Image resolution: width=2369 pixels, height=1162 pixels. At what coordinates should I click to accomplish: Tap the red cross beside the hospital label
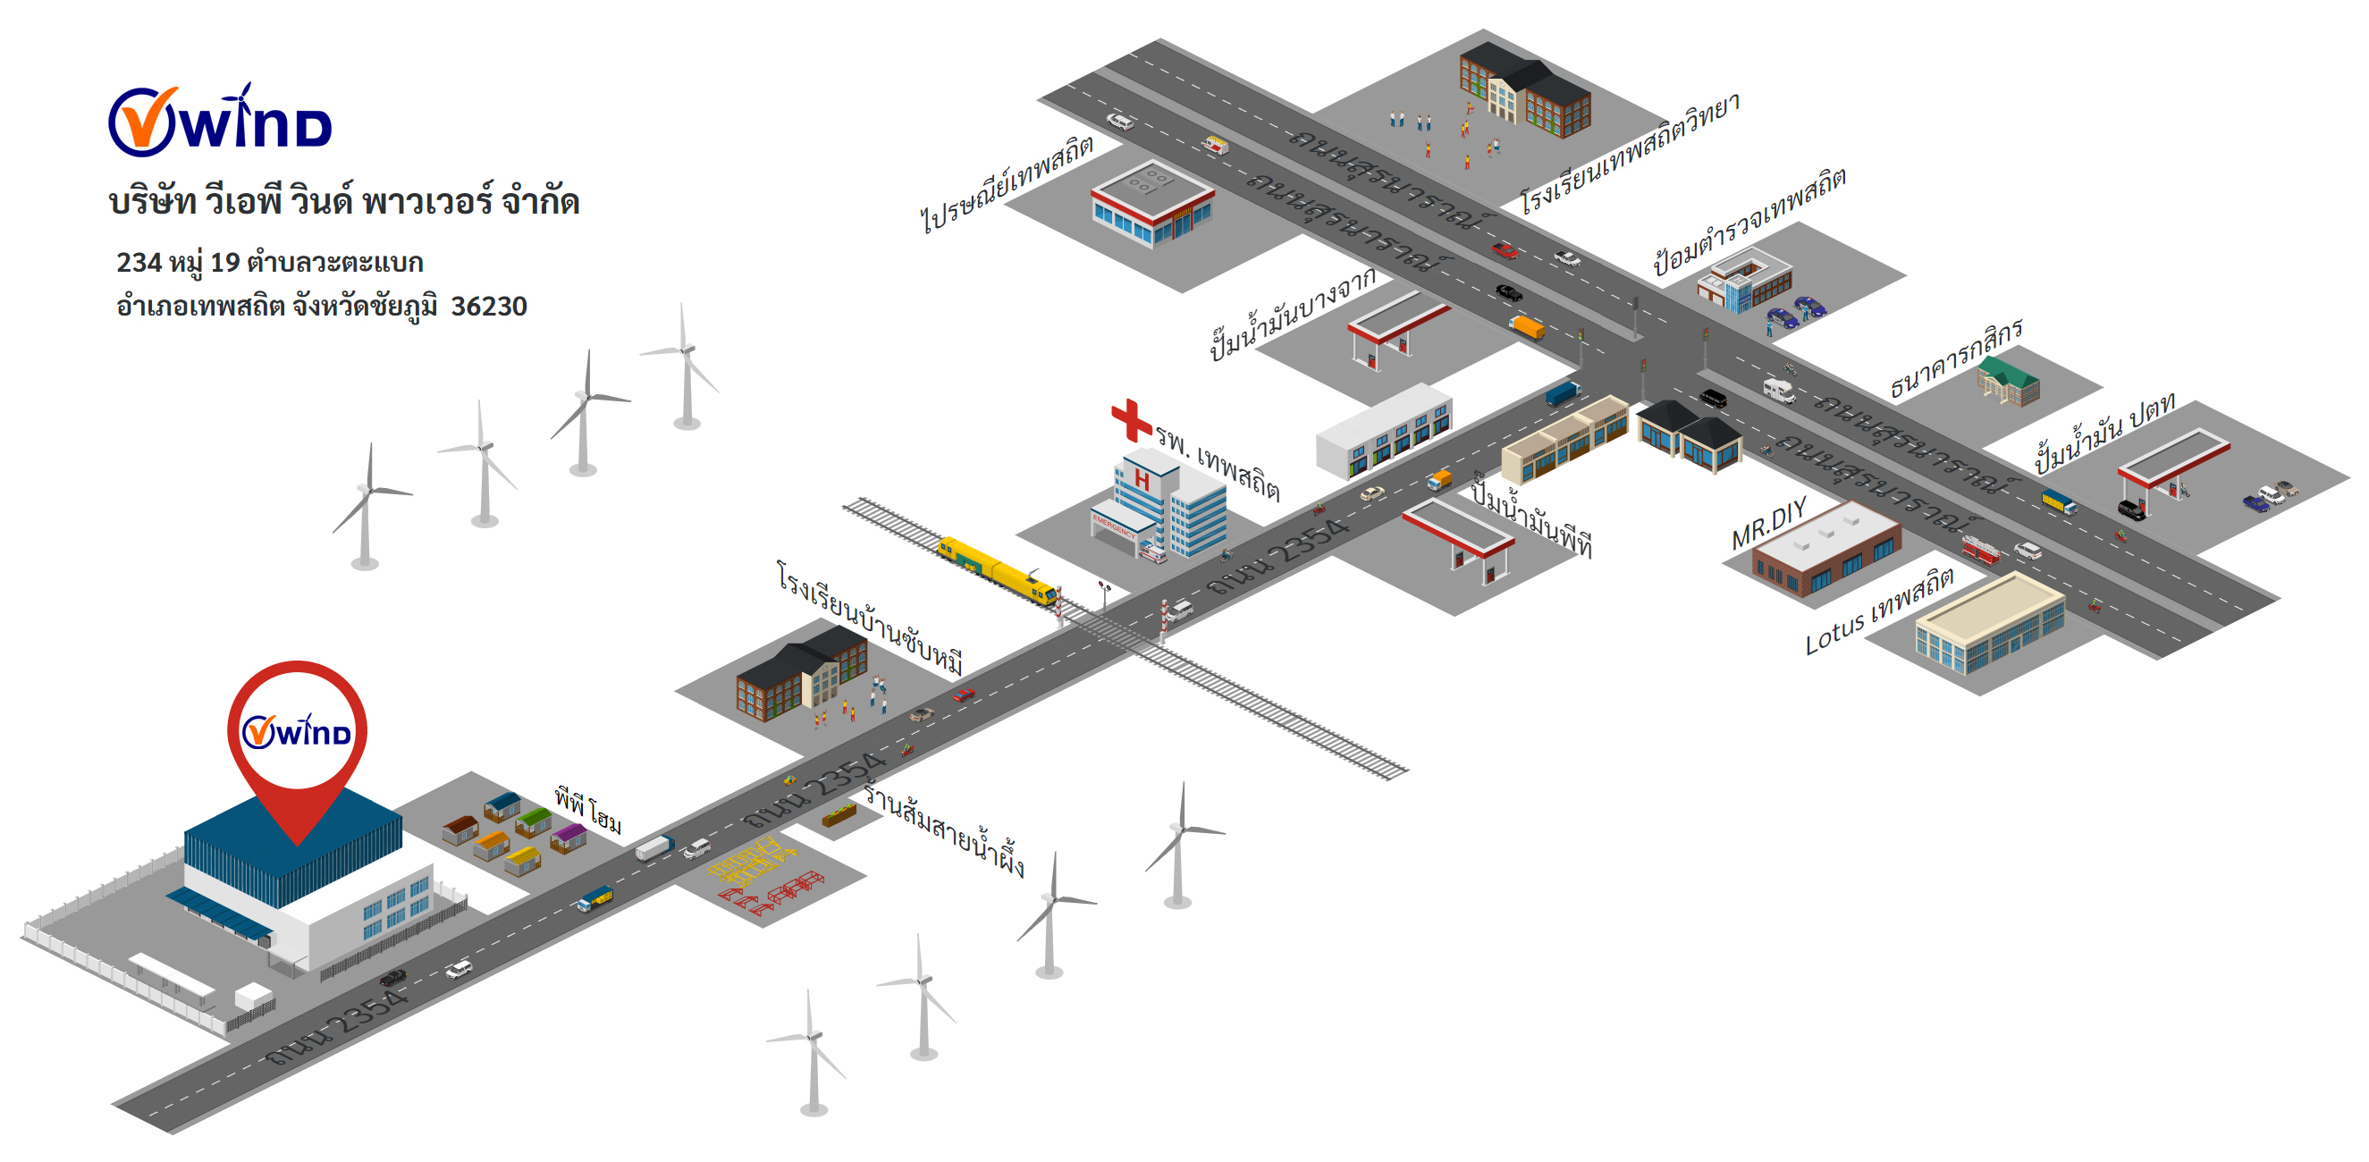click(1130, 419)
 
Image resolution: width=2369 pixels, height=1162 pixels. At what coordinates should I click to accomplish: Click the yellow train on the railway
click(997, 570)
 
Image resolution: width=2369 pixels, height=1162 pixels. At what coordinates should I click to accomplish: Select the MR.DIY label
click(1768, 524)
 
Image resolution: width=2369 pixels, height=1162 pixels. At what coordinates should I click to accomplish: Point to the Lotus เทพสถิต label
click(1879, 610)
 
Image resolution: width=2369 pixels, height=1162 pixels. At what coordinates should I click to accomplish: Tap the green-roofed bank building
click(2009, 381)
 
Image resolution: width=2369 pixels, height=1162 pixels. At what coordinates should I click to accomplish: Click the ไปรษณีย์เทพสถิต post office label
click(1007, 184)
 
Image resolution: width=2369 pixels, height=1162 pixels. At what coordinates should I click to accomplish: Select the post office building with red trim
click(1151, 207)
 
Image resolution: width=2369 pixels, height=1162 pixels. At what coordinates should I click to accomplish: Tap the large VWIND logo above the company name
click(221, 122)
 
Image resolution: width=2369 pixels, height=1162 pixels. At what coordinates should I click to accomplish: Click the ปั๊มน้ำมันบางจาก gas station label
click(1292, 314)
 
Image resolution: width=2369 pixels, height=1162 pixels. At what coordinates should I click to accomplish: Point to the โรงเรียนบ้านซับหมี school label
click(869, 617)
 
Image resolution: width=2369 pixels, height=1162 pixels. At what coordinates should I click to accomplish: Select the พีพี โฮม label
click(587, 809)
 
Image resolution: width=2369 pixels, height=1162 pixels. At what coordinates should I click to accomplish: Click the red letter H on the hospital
click(1142, 480)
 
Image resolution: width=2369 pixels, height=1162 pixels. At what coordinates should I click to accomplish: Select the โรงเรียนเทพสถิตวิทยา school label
click(1629, 153)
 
